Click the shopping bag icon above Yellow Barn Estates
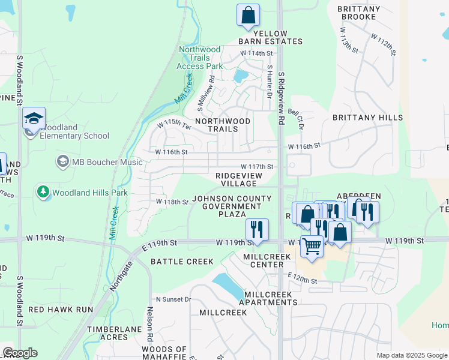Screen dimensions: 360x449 (x=248, y=15)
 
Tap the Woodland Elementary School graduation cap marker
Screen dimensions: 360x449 (x=34, y=118)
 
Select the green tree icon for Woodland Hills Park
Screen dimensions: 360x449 (x=43, y=192)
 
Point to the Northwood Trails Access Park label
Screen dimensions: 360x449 (x=200, y=58)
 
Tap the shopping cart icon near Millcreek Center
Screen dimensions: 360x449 (x=312, y=245)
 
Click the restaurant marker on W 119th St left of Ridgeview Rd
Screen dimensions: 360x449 (x=257, y=230)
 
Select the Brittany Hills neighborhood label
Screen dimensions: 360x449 (x=367, y=118)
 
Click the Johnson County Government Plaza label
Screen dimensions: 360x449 (x=228, y=206)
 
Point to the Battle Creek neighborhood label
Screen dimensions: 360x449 (x=182, y=262)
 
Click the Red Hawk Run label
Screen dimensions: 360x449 (x=61, y=310)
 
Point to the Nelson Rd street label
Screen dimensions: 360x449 (x=150, y=326)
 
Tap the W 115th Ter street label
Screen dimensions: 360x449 (x=174, y=125)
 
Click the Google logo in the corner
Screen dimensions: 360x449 (x=20, y=353)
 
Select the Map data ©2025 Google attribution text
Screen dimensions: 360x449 (x=411, y=355)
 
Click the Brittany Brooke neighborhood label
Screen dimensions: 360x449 (x=359, y=13)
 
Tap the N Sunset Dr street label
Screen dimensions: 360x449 (x=173, y=299)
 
